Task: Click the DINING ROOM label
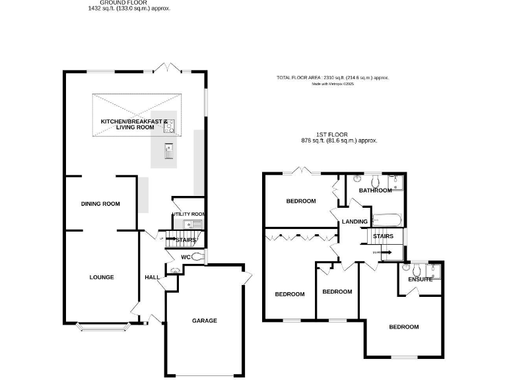[x=100, y=204]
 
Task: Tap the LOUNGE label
[x=102, y=277]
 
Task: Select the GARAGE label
[x=205, y=321]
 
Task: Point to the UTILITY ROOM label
[x=189, y=214]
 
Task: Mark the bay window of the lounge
[x=102, y=325]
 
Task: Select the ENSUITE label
[x=420, y=279]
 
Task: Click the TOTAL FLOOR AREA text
[x=333, y=78]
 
